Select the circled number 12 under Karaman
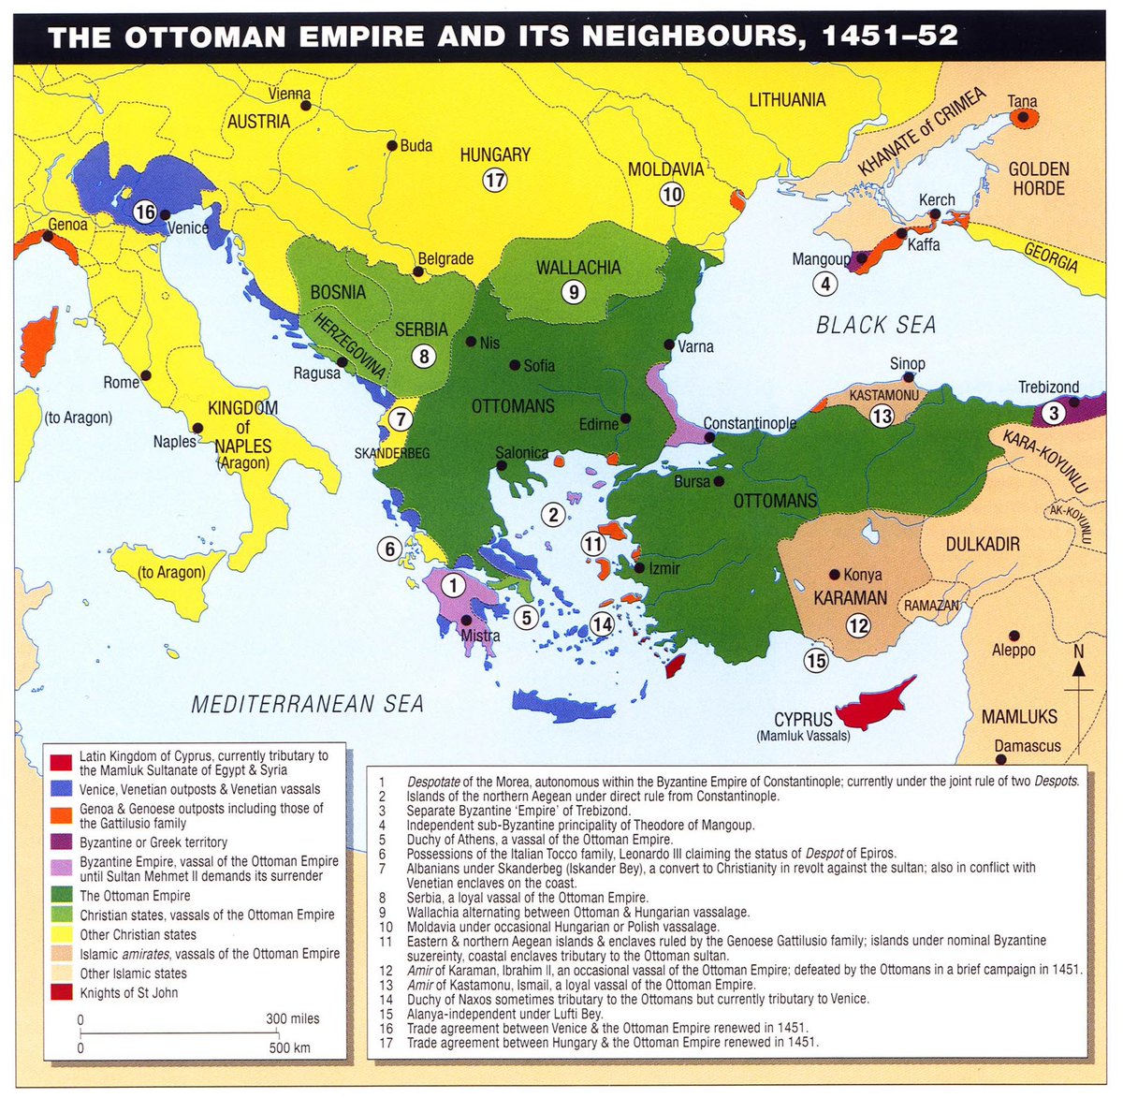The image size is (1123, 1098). coord(858,624)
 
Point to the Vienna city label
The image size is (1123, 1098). coord(289,94)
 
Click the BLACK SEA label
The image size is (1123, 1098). coord(876,325)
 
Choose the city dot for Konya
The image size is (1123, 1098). coord(834,574)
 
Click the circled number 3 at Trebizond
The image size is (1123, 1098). coord(1054,413)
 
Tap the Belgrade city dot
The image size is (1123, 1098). coord(418,272)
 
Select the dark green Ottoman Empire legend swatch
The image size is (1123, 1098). coord(62,896)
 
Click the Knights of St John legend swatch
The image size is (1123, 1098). coord(62,992)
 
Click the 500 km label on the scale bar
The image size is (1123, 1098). coord(289,1047)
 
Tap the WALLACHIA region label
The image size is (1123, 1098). coord(577,268)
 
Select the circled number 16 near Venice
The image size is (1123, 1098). coord(144,212)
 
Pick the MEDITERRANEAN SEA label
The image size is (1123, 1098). coord(307,704)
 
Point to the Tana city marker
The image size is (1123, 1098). coord(1023,118)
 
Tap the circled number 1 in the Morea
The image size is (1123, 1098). coord(452,586)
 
